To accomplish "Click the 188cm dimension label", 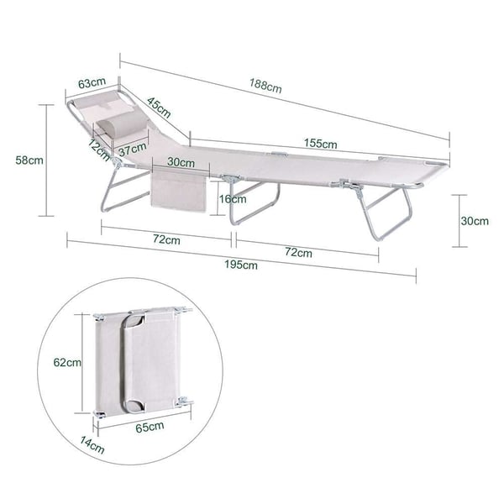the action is click(x=265, y=86).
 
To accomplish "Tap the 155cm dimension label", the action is click(x=321, y=144).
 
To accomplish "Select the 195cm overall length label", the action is click(x=241, y=265).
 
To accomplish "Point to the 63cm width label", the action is click(x=92, y=82).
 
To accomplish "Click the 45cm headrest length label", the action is click(x=159, y=108).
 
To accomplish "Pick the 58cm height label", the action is click(x=29, y=160).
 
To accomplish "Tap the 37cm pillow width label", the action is click(x=133, y=150).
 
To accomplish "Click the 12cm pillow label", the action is click(x=99, y=150).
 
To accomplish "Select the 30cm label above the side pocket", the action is click(x=181, y=162).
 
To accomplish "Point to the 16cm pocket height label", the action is click(x=233, y=199).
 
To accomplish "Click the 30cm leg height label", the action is click(x=475, y=221).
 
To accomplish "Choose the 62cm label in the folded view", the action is click(x=67, y=362).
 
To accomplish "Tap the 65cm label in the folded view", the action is click(x=150, y=428).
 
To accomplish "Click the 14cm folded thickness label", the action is click(x=92, y=445).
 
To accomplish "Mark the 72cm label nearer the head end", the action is click(x=166, y=239).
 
